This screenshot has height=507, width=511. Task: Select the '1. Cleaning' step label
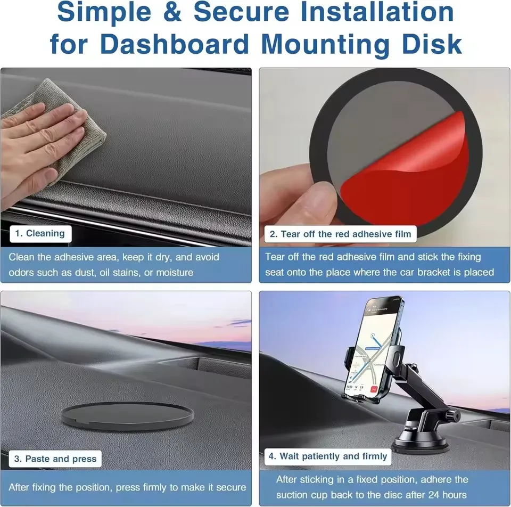(x=40, y=233)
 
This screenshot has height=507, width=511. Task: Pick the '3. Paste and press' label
(x=55, y=459)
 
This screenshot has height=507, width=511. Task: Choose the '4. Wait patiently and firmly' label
(x=327, y=456)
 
